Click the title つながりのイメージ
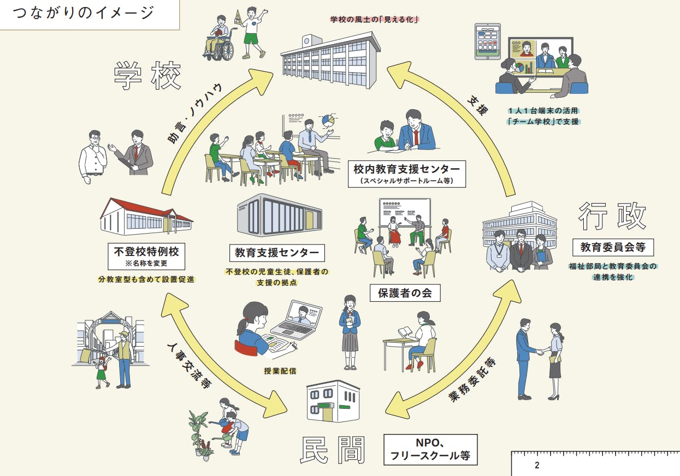click(84, 13)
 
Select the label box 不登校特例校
click(146, 255)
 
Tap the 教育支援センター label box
click(277, 253)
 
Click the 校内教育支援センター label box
click(407, 172)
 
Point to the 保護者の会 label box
click(405, 293)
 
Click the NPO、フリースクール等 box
click(430, 449)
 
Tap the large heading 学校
click(147, 76)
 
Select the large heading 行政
click(612, 216)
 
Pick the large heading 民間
click(333, 451)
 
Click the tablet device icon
click(487, 41)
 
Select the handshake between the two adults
click(540, 352)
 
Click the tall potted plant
click(197, 431)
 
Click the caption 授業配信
click(280, 371)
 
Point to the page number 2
click(537, 466)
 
